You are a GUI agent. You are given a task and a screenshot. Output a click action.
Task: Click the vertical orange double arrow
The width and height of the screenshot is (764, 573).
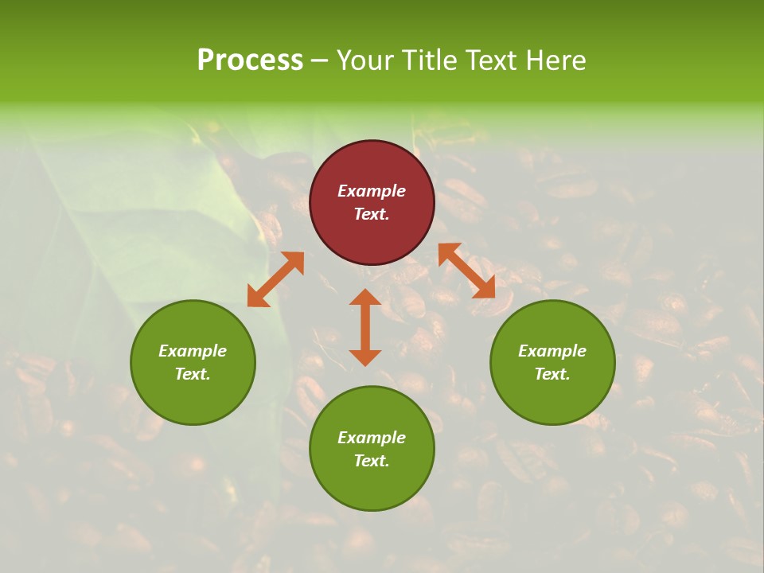click(x=365, y=327)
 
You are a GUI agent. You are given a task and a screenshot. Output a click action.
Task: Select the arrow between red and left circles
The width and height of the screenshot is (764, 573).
click(x=275, y=279)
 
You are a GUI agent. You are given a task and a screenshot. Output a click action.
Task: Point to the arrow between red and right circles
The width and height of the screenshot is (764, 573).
click(x=466, y=271)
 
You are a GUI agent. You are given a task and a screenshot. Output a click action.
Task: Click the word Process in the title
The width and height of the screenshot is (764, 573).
click(x=250, y=60)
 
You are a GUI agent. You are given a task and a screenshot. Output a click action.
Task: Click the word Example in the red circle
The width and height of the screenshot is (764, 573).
click(x=372, y=191)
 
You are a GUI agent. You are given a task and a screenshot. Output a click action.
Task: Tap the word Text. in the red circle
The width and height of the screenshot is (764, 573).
click(x=372, y=214)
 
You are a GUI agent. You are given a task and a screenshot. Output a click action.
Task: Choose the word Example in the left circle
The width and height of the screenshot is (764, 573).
click(x=193, y=351)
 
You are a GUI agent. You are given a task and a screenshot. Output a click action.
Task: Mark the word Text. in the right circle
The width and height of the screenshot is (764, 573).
click(x=552, y=374)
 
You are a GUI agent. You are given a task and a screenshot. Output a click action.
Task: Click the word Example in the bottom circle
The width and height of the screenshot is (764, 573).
click(x=372, y=438)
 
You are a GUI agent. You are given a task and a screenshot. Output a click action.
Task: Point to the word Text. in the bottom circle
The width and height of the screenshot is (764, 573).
click(x=372, y=461)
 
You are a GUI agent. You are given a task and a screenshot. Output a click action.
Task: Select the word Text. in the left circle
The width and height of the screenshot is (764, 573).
click(x=193, y=374)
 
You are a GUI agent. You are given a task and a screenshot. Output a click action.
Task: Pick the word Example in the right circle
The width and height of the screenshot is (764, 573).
click(x=552, y=351)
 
